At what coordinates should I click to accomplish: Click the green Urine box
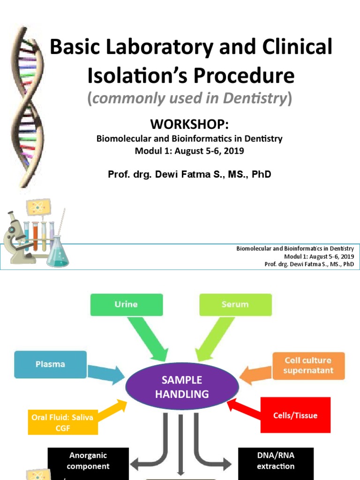pyautogui.click(x=127, y=304)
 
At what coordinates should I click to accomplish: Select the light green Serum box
pyautogui.click(x=235, y=304)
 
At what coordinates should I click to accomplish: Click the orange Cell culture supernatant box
pyautogui.click(x=308, y=366)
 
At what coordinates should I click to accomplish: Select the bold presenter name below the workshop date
pyautogui.click(x=189, y=174)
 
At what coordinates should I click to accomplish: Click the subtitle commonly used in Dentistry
pyautogui.click(x=189, y=98)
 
